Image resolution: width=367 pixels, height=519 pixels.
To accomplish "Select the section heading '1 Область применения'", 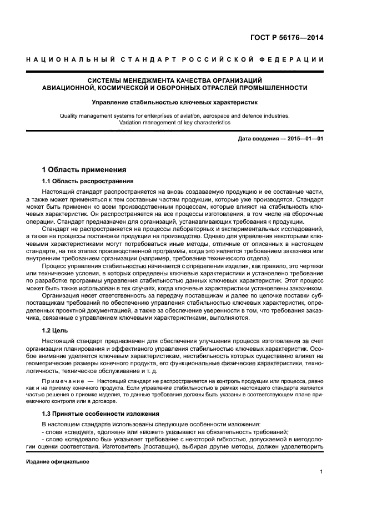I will pyautogui.click(x=84, y=170).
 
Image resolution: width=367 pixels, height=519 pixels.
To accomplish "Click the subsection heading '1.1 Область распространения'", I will pyautogui.click(x=88, y=182).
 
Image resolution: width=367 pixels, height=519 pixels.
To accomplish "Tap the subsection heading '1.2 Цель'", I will pyautogui.click(x=56, y=330).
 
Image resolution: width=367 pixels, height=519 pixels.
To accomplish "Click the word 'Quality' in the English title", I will pyautogui.click(x=69, y=115).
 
